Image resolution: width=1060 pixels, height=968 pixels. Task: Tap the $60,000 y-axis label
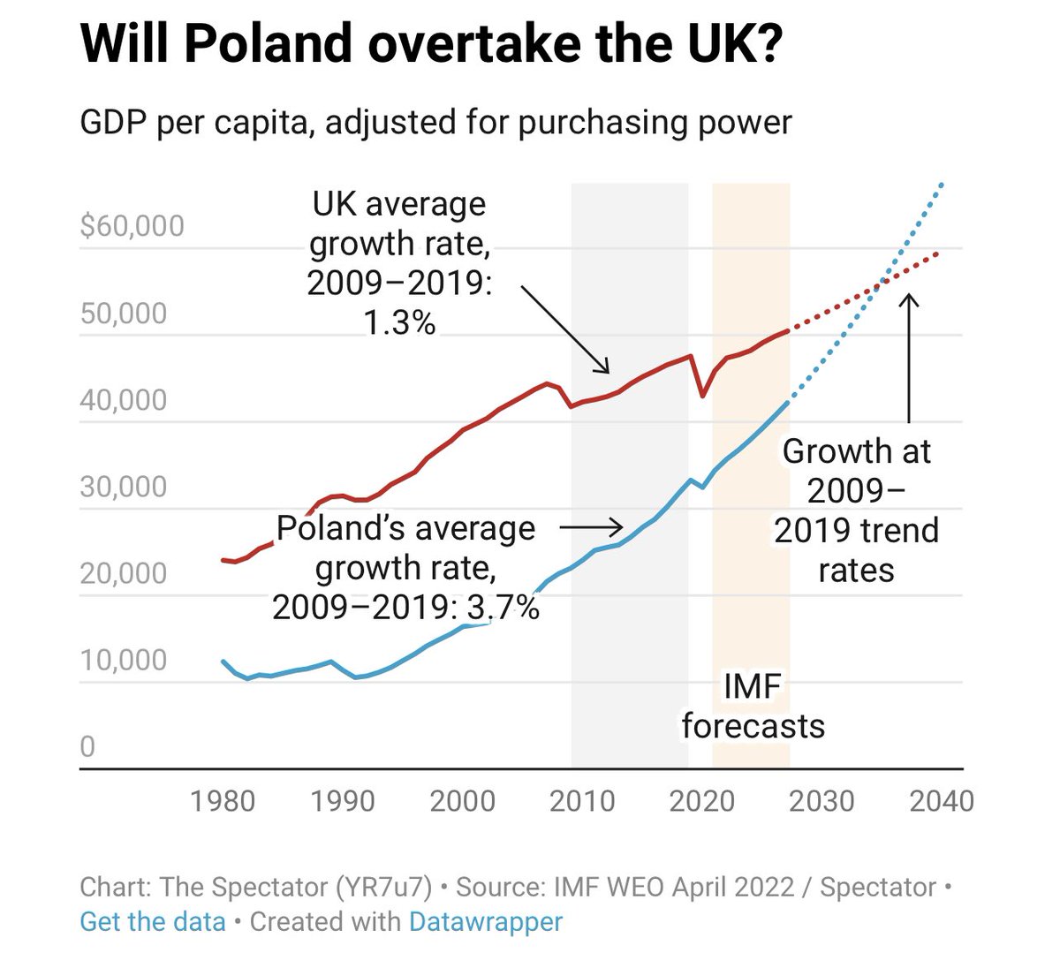point(132,226)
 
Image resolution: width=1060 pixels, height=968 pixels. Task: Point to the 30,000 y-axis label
point(124,487)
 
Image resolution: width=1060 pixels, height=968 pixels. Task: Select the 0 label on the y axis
point(87,747)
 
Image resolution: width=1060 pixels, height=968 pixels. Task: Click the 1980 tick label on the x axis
point(223,801)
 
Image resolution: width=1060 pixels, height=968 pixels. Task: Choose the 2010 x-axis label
point(582,801)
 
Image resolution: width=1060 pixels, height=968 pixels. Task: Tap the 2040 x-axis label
point(942,801)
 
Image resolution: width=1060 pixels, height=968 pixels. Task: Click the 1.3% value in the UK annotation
point(399,323)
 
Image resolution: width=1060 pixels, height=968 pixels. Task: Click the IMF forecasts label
point(753,707)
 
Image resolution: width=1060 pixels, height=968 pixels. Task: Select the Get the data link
point(153,922)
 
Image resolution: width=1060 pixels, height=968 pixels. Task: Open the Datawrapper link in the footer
point(485,922)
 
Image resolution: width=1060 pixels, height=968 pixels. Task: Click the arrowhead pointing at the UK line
point(605,368)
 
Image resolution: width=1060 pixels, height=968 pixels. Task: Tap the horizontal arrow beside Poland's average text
point(592,527)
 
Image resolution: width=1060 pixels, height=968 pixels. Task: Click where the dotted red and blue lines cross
point(880,284)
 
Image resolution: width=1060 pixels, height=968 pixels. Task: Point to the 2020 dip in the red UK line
point(702,396)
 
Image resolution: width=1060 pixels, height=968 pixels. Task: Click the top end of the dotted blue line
point(942,185)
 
